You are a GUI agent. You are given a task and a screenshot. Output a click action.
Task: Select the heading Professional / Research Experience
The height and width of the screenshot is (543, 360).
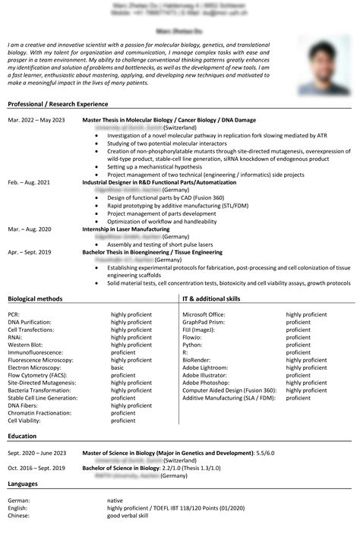[x=58, y=104]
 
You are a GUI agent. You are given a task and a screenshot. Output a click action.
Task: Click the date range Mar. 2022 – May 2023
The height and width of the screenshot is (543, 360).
[x=36, y=120]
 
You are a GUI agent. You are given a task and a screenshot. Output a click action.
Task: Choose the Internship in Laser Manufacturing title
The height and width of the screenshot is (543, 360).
[x=126, y=229]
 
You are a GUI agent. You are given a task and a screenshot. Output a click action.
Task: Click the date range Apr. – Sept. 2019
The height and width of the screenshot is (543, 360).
[x=30, y=251]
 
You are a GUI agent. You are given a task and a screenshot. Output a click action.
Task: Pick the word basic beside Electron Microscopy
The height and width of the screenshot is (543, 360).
[x=118, y=368]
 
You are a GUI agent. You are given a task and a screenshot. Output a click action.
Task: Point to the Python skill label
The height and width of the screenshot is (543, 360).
[x=193, y=345]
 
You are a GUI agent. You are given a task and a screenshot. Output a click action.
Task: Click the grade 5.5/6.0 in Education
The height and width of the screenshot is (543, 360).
[x=266, y=453]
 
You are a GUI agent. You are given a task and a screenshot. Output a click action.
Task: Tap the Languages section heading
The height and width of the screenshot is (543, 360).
[x=25, y=484]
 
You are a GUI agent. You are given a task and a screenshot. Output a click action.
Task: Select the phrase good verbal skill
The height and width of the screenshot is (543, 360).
[x=128, y=516]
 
